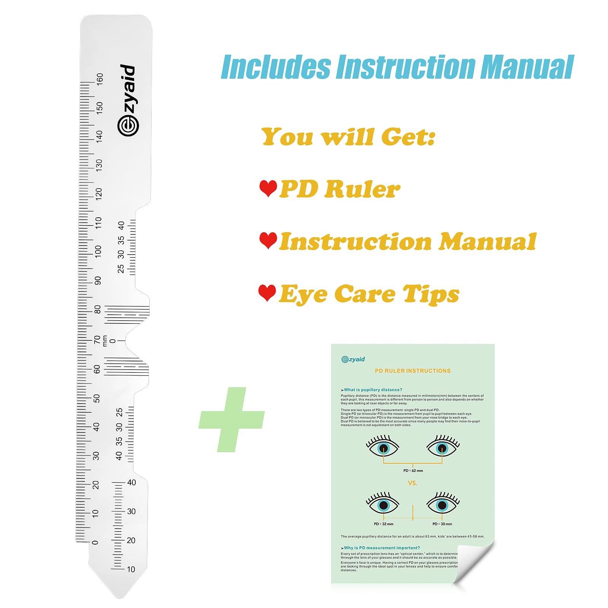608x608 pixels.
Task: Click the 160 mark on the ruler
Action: tap(100, 78)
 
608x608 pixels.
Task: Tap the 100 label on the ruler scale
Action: tap(98, 251)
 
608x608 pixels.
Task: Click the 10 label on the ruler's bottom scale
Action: tap(131, 569)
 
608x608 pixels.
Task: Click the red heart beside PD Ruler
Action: tap(268, 188)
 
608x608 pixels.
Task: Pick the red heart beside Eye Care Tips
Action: tap(267, 293)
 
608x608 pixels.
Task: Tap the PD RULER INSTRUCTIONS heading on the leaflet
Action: tap(413, 370)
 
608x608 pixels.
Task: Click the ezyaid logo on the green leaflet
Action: tap(353, 359)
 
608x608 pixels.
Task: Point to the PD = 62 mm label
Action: tap(413, 470)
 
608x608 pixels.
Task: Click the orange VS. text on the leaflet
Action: tap(413, 483)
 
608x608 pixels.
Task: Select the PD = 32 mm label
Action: tap(383, 524)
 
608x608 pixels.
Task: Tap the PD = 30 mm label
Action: tap(442, 524)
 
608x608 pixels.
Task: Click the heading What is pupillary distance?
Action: tap(373, 389)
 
